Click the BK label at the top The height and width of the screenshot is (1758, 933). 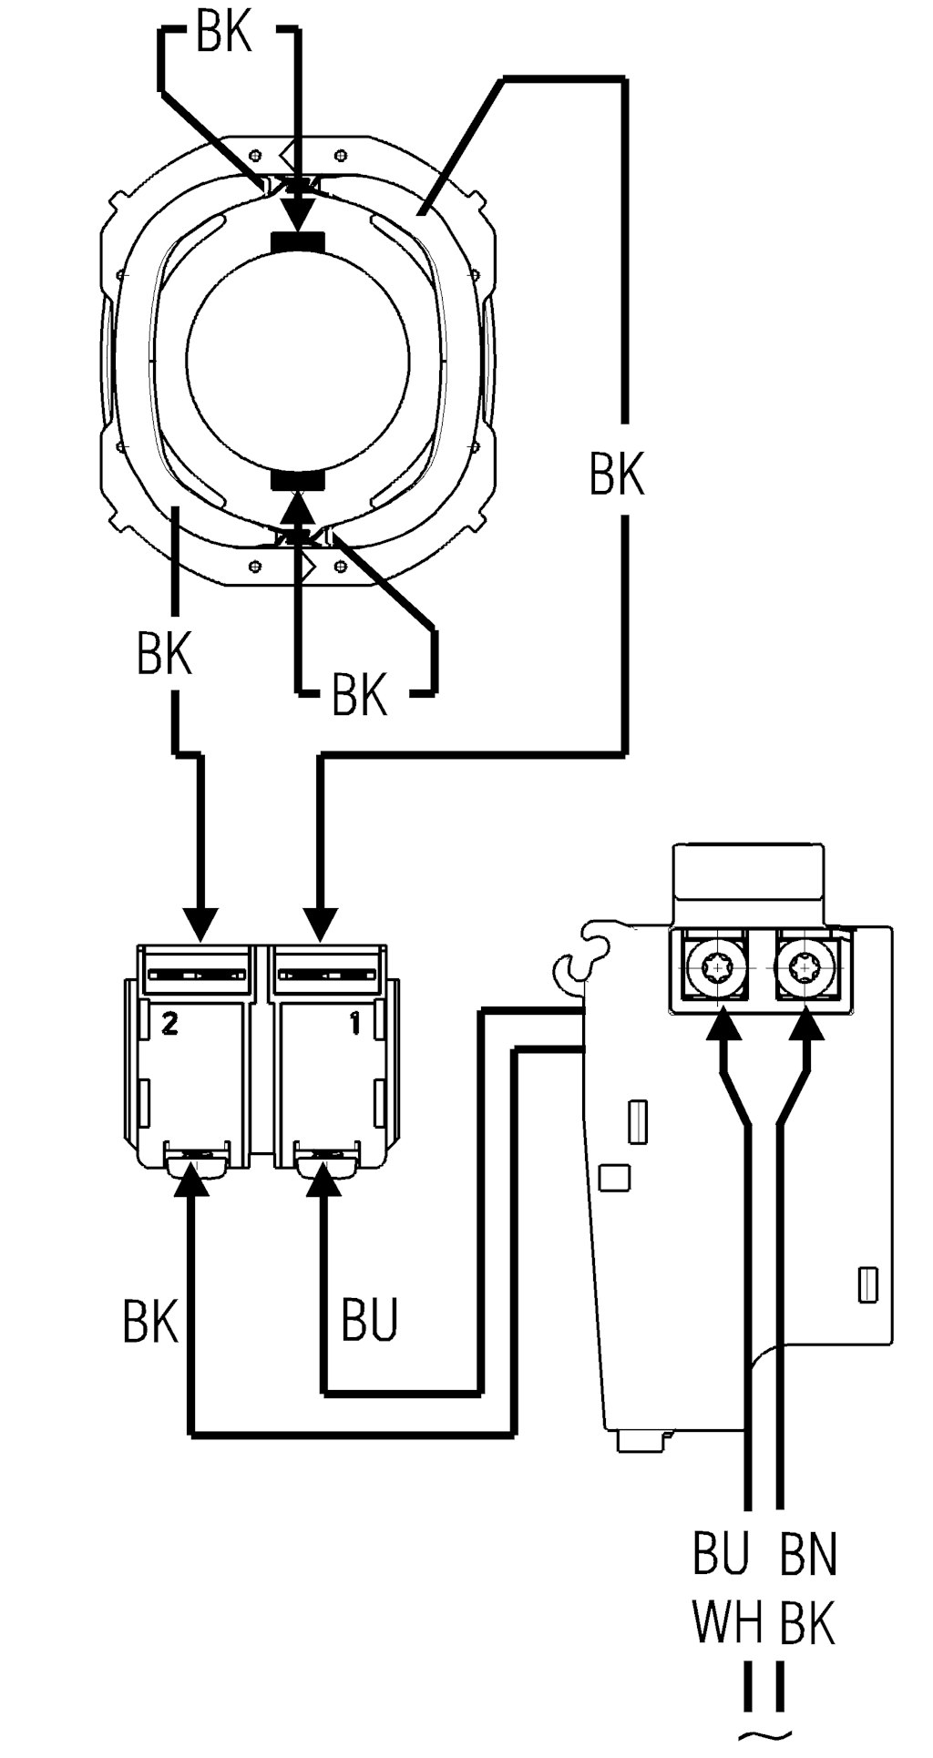pos(224,35)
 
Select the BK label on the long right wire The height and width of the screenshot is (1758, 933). pos(616,473)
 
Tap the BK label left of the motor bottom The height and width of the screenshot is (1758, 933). pos(164,653)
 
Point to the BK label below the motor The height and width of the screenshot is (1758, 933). pos(359,694)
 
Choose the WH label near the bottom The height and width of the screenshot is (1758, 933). pos(726,1623)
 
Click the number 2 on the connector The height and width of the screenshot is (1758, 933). pos(168,1024)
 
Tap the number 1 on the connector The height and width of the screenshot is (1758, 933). pos(354,1024)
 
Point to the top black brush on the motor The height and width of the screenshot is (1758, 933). pos(298,241)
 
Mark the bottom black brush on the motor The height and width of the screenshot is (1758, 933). pos(298,480)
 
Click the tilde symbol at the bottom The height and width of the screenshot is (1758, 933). pos(765,1735)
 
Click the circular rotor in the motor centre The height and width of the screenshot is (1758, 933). pos(298,360)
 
